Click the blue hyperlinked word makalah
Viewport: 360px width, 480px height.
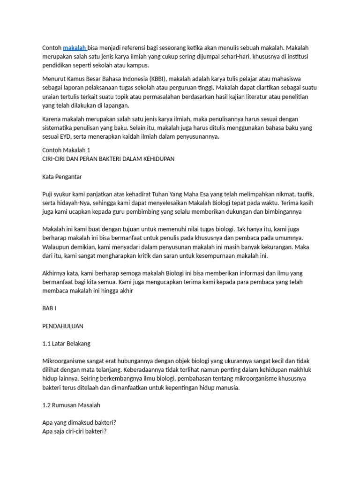(x=74, y=48)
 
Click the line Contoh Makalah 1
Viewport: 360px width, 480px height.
(x=66, y=150)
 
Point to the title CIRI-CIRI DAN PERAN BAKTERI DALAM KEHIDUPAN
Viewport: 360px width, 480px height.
(x=108, y=159)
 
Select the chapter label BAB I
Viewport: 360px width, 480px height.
(x=49, y=309)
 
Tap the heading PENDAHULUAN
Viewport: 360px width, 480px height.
(x=63, y=326)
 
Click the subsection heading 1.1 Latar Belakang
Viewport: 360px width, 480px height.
(x=66, y=344)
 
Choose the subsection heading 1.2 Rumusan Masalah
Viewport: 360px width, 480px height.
(x=71, y=405)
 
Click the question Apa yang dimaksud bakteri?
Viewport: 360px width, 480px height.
(x=79, y=423)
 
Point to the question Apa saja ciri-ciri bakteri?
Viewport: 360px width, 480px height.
(x=75, y=431)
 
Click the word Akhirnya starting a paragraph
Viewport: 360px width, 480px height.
(x=55, y=273)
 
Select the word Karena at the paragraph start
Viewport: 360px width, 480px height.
(x=53, y=119)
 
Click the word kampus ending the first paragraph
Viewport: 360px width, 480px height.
(x=138, y=65)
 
